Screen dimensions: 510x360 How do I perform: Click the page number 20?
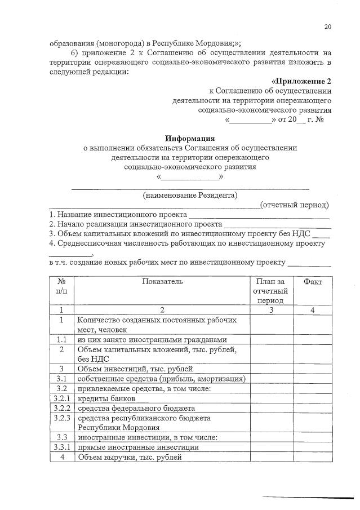[x=327, y=26]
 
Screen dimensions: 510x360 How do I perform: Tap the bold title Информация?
[x=189, y=138]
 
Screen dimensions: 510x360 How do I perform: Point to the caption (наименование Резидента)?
[x=190, y=196]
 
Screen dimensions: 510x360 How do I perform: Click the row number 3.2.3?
[x=61, y=418]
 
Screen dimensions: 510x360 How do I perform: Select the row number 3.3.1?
[x=61, y=447]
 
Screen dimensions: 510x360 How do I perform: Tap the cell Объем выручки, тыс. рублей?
[x=130, y=457]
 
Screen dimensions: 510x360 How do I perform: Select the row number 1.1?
[x=61, y=339]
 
